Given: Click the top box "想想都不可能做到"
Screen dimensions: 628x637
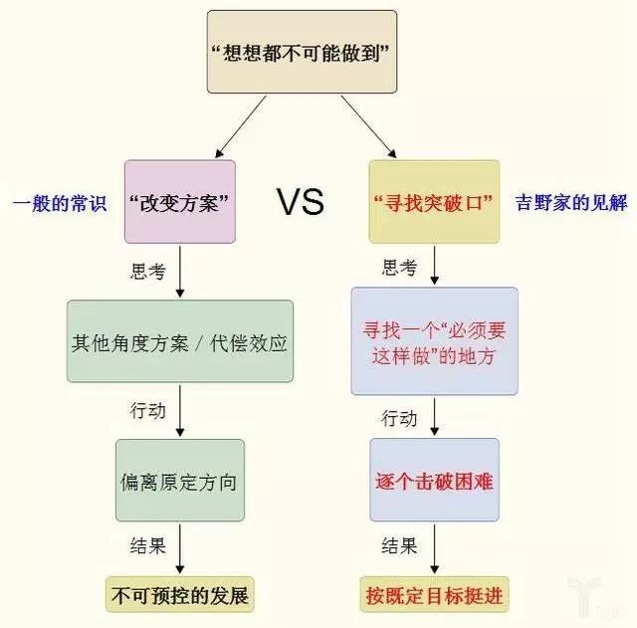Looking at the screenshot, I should coord(302,53).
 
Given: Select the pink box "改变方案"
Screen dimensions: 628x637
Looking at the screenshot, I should coord(180,202).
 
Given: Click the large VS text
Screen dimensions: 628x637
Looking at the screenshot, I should coord(301,203).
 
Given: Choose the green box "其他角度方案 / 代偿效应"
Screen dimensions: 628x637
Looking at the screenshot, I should coord(180,341).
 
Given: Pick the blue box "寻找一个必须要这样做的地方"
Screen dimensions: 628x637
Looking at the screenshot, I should coord(434,340).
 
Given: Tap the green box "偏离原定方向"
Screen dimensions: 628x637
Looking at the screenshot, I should coord(180,480).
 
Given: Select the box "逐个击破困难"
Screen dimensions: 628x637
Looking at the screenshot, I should coord(434,480).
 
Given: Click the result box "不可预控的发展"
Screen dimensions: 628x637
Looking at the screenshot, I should coord(180,596).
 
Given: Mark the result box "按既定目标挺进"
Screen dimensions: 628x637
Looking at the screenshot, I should coord(434,596).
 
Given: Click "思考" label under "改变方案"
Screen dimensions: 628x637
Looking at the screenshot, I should coord(149,271).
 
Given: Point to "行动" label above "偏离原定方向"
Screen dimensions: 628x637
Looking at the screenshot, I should coord(148,410).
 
